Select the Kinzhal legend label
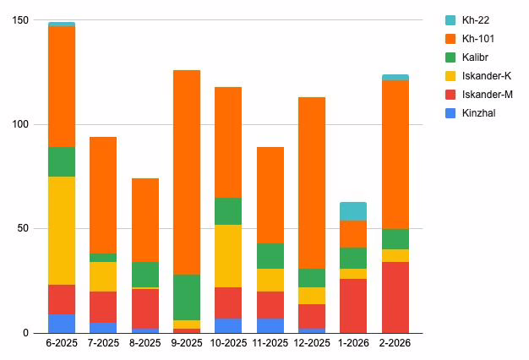(479, 112)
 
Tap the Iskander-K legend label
(486, 75)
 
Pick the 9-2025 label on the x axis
(187, 344)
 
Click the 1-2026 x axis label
(353, 344)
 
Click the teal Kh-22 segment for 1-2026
(353, 211)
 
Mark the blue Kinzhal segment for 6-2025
(62, 324)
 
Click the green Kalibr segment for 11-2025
(270, 256)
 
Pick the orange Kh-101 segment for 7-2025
(103, 195)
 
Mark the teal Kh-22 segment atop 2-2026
(395, 77)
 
